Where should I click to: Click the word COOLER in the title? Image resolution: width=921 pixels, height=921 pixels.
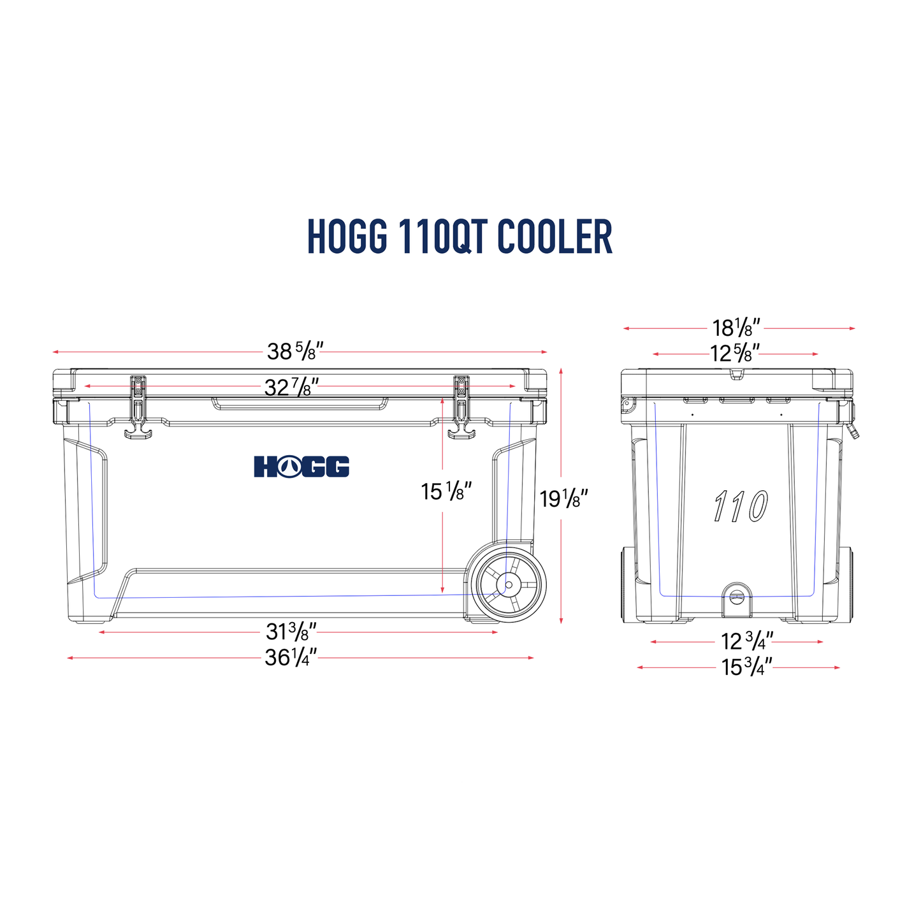(x=554, y=237)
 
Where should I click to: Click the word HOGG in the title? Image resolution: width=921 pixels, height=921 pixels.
(x=347, y=237)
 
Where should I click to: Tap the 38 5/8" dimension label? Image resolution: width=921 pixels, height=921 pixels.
(x=295, y=351)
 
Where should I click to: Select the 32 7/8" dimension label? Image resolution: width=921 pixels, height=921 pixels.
(x=291, y=386)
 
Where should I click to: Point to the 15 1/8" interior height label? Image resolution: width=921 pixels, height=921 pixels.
(x=446, y=491)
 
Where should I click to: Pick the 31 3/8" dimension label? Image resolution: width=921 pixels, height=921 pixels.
(x=291, y=632)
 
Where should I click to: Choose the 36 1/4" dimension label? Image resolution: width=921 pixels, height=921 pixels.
(x=291, y=657)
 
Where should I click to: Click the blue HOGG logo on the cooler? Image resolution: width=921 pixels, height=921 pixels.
(x=301, y=466)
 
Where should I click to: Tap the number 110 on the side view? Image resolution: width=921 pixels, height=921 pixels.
(x=741, y=506)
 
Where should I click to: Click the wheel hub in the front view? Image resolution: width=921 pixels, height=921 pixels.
(x=509, y=584)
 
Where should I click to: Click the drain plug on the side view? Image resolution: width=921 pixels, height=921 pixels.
(x=737, y=597)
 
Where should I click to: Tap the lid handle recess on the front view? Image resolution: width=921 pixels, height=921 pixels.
(x=300, y=403)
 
